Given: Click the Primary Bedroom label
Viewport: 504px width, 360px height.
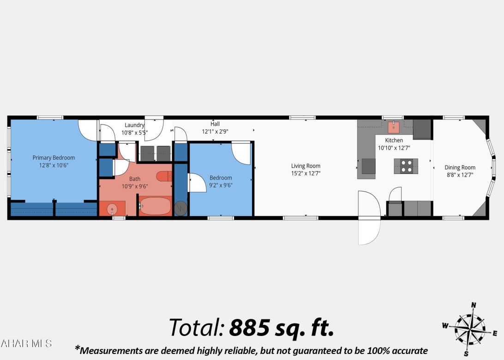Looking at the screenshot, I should click(54, 157).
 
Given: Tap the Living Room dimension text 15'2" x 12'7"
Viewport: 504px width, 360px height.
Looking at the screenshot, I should click(306, 174).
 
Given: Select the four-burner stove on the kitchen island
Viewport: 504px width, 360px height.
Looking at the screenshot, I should click(406, 166).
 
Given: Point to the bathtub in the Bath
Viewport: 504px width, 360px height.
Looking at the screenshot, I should click(155, 206).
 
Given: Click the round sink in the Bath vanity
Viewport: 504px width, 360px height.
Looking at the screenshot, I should click(112, 209).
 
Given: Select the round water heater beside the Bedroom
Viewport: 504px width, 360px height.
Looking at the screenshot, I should click(181, 209).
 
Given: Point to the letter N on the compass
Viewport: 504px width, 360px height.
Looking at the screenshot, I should click(473, 305).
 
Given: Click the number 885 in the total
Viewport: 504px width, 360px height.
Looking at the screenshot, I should click(249, 328).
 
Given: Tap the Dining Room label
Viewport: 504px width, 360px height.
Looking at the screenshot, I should click(460, 168).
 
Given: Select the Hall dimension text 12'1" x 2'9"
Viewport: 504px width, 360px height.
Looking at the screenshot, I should click(215, 131).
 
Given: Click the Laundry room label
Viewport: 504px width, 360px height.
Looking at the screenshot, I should click(134, 125).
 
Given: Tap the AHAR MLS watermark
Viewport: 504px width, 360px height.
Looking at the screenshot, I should click(26, 343).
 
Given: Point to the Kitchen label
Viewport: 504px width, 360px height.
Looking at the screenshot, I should click(394, 140).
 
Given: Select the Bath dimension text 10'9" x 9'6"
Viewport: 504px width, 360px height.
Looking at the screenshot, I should click(135, 186).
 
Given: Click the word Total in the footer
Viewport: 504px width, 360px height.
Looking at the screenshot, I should click(197, 328).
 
